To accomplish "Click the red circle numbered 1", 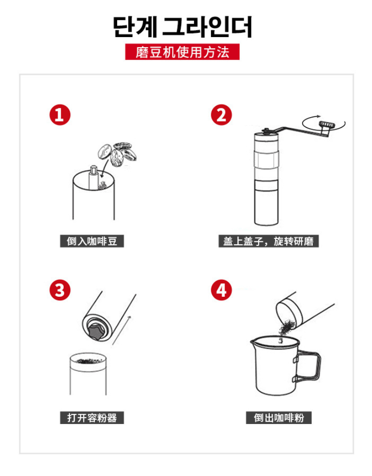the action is (x=60, y=115).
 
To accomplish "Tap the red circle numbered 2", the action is (x=221, y=115).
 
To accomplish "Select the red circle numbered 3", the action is (x=60, y=290).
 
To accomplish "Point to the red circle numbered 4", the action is (x=221, y=290).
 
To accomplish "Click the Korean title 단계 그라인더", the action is (x=183, y=27).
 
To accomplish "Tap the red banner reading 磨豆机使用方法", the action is (x=182, y=52).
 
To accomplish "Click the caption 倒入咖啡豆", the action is (x=92, y=241).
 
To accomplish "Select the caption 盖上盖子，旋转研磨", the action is (x=268, y=241).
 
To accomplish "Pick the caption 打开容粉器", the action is (x=92, y=418).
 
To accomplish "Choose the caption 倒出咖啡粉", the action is (x=279, y=418).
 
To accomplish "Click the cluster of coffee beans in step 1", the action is (x=117, y=154).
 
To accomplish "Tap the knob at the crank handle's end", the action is (x=326, y=124).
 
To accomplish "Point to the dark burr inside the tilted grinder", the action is (x=96, y=331).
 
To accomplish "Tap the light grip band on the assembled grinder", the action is (x=266, y=159).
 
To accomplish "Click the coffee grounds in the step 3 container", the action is (x=88, y=361).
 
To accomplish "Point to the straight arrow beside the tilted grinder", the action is (x=121, y=331).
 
